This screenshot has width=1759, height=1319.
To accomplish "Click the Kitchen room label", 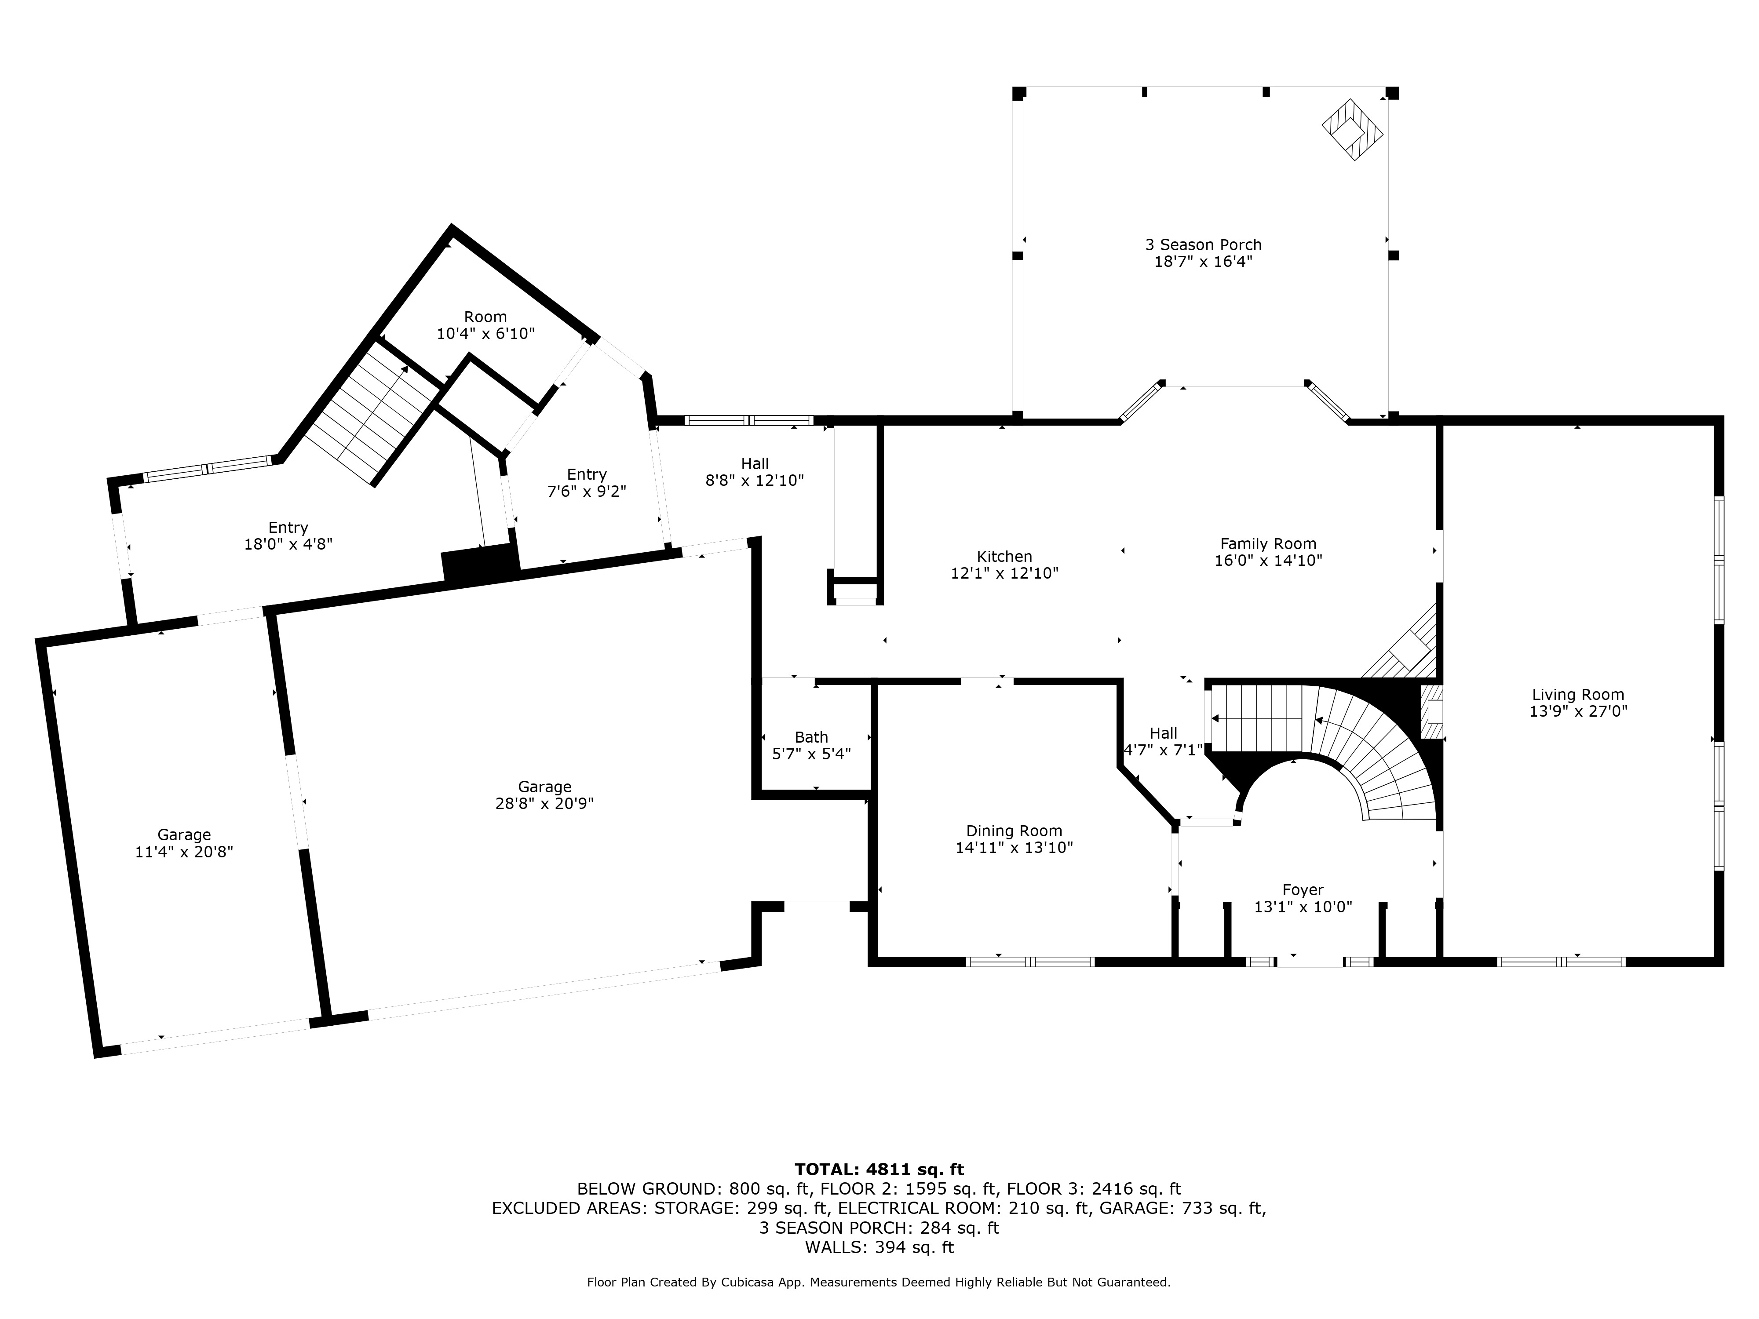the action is (x=1004, y=557).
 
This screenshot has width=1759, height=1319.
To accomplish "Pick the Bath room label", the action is (x=811, y=737).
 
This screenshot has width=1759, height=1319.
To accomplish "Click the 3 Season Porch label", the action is (x=1203, y=245).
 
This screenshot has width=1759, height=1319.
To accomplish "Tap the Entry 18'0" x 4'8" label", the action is (x=288, y=536).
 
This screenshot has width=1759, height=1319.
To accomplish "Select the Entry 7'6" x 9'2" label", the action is (x=587, y=483).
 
